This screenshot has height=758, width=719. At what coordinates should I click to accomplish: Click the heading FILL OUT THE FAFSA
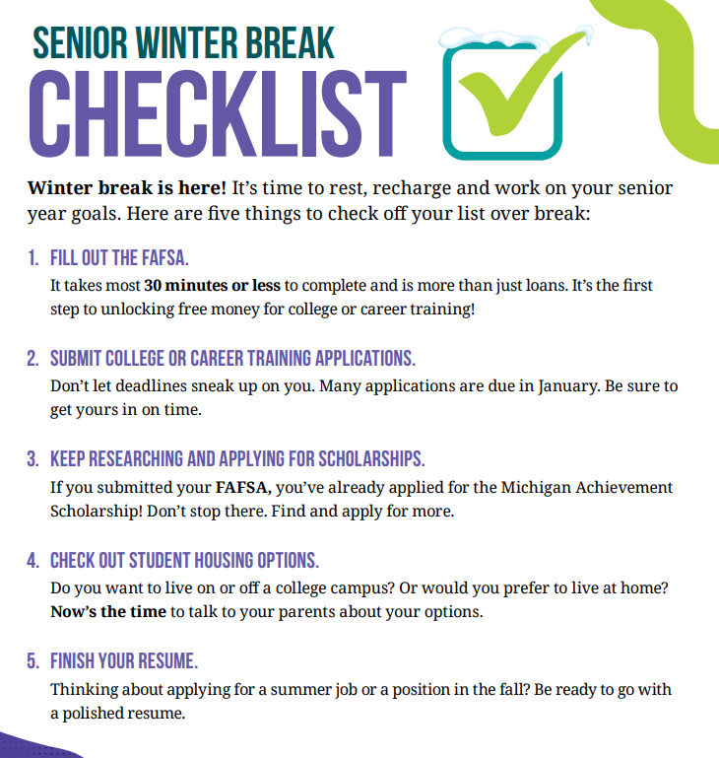(x=119, y=259)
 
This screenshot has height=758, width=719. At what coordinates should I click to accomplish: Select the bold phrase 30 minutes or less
(x=212, y=286)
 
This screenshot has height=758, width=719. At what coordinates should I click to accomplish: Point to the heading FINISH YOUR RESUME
(x=124, y=661)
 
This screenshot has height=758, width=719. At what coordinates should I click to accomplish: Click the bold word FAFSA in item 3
(x=241, y=487)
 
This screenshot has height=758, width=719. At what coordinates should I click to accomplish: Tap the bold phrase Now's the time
(x=108, y=612)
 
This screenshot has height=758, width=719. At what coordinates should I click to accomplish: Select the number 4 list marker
(x=33, y=561)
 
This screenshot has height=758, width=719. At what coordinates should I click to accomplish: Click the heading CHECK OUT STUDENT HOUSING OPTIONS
(x=185, y=561)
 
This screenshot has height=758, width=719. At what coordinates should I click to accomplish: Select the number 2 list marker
(x=33, y=360)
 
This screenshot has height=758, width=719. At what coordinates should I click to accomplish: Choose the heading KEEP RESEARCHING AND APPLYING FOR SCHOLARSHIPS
(x=237, y=460)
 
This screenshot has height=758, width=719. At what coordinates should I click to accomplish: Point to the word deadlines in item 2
(x=166, y=386)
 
